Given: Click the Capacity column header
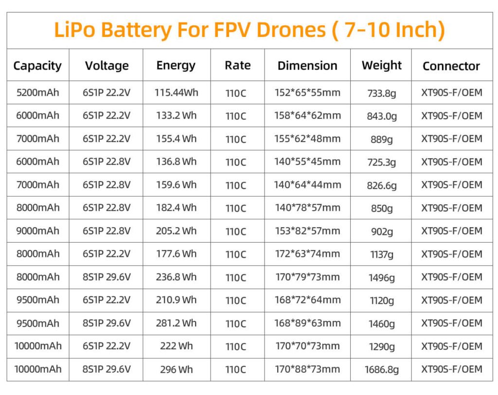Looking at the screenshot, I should click(x=37, y=66).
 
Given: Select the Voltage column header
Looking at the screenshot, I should click(x=107, y=66).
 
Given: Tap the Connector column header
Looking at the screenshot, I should click(x=451, y=66).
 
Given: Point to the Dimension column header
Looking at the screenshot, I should click(x=307, y=66).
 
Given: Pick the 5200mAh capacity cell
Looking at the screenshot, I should click(x=37, y=92).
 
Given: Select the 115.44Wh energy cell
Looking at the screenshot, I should click(x=177, y=92).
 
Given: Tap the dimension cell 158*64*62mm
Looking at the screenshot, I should click(x=307, y=116).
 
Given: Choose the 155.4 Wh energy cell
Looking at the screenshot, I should click(x=177, y=139).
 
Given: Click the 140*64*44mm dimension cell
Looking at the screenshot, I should click(x=307, y=185).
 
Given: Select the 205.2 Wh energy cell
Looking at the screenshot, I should click(x=177, y=231).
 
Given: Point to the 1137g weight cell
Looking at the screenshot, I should click(x=382, y=254).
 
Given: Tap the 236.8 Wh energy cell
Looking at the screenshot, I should click(x=177, y=277).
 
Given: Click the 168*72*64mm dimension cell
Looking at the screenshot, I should click(x=307, y=300).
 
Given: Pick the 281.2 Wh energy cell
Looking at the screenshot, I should click(x=177, y=323).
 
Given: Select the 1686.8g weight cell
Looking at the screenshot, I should click(x=382, y=370).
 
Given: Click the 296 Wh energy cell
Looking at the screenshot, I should click(x=177, y=370).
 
